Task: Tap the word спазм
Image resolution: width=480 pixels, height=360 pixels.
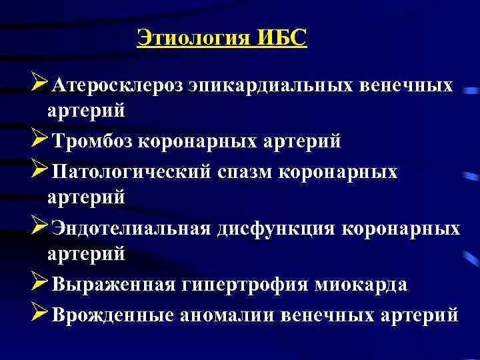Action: point(246,172)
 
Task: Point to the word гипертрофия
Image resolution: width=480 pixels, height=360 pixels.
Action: point(243,285)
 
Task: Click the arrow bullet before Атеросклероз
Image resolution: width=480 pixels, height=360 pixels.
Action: point(39,85)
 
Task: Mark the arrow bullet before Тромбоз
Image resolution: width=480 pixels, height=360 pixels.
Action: point(39,141)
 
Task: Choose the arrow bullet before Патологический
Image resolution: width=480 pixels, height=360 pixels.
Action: point(39,171)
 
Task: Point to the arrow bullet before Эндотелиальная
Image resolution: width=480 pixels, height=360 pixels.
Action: point(39,228)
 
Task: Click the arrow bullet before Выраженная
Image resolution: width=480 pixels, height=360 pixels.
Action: point(39,284)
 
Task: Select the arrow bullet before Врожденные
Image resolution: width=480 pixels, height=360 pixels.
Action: point(39,313)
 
